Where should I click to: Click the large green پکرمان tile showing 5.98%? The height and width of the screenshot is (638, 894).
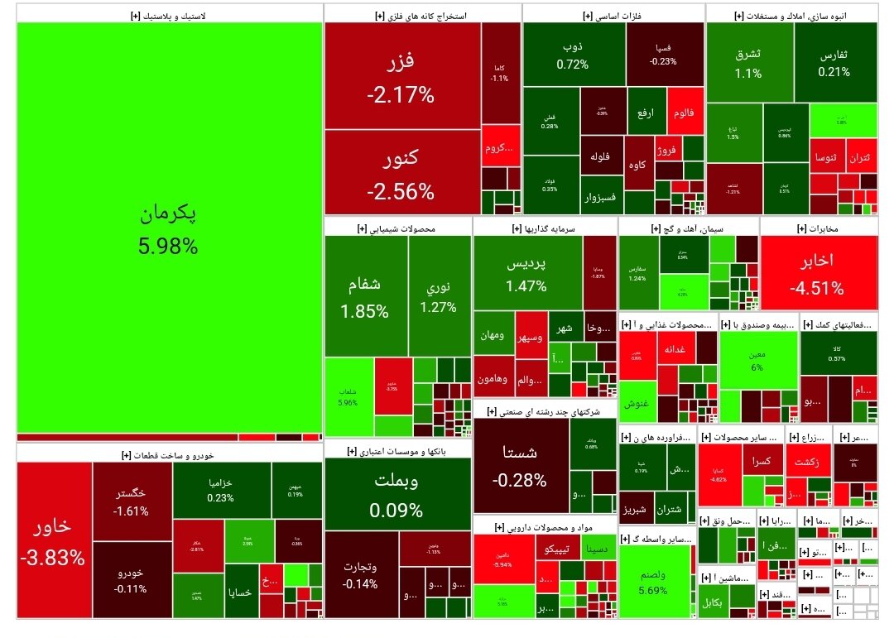coord(169,228)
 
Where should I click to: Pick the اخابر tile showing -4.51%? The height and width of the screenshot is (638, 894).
coord(818,273)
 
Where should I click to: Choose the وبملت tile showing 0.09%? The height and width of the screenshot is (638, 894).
coord(398,495)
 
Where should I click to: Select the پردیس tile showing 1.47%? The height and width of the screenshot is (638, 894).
coord(526,273)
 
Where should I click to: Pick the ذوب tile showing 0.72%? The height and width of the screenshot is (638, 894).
coord(572,55)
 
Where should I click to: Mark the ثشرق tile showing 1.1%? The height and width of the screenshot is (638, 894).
coord(748,63)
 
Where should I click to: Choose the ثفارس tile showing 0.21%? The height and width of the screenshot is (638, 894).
coord(834,63)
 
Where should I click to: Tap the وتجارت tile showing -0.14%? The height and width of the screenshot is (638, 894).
coord(361,574)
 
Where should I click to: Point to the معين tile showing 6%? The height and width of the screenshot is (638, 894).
coord(757,361)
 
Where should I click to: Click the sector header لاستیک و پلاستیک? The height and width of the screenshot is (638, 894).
coord(169,15)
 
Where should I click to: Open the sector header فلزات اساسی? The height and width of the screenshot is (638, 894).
coord(613,15)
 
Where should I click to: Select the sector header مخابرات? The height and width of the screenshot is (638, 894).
coord(818,228)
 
